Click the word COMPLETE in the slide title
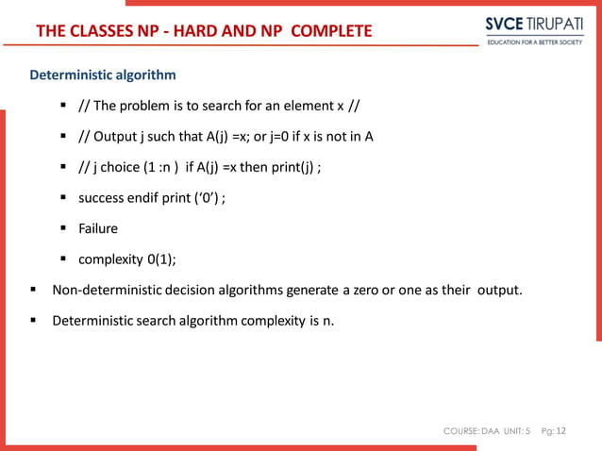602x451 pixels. click(331, 32)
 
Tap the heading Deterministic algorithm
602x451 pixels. click(102, 75)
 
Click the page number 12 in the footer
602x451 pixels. click(562, 431)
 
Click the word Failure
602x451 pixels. click(98, 228)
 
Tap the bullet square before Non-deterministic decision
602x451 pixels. click(33, 290)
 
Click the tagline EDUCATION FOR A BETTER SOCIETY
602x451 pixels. click(534, 42)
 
